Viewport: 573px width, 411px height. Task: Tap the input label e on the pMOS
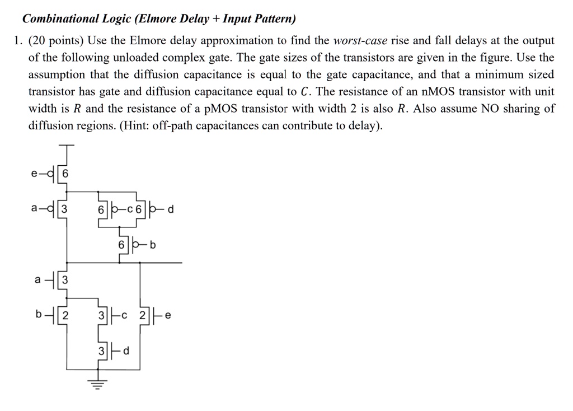coord(35,174)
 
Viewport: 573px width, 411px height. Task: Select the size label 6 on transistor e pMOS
coord(64,174)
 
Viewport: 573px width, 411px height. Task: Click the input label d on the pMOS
coord(171,210)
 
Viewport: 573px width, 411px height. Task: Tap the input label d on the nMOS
coord(126,351)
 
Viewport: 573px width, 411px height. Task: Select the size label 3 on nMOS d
coord(101,351)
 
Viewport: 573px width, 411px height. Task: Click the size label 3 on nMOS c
coord(101,315)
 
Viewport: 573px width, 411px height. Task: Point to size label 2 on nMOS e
coord(143,315)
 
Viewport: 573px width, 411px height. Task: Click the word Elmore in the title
coord(153,19)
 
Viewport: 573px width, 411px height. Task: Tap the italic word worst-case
coord(360,41)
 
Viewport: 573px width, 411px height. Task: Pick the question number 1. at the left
coord(18,41)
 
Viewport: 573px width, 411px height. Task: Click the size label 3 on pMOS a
coord(64,210)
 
